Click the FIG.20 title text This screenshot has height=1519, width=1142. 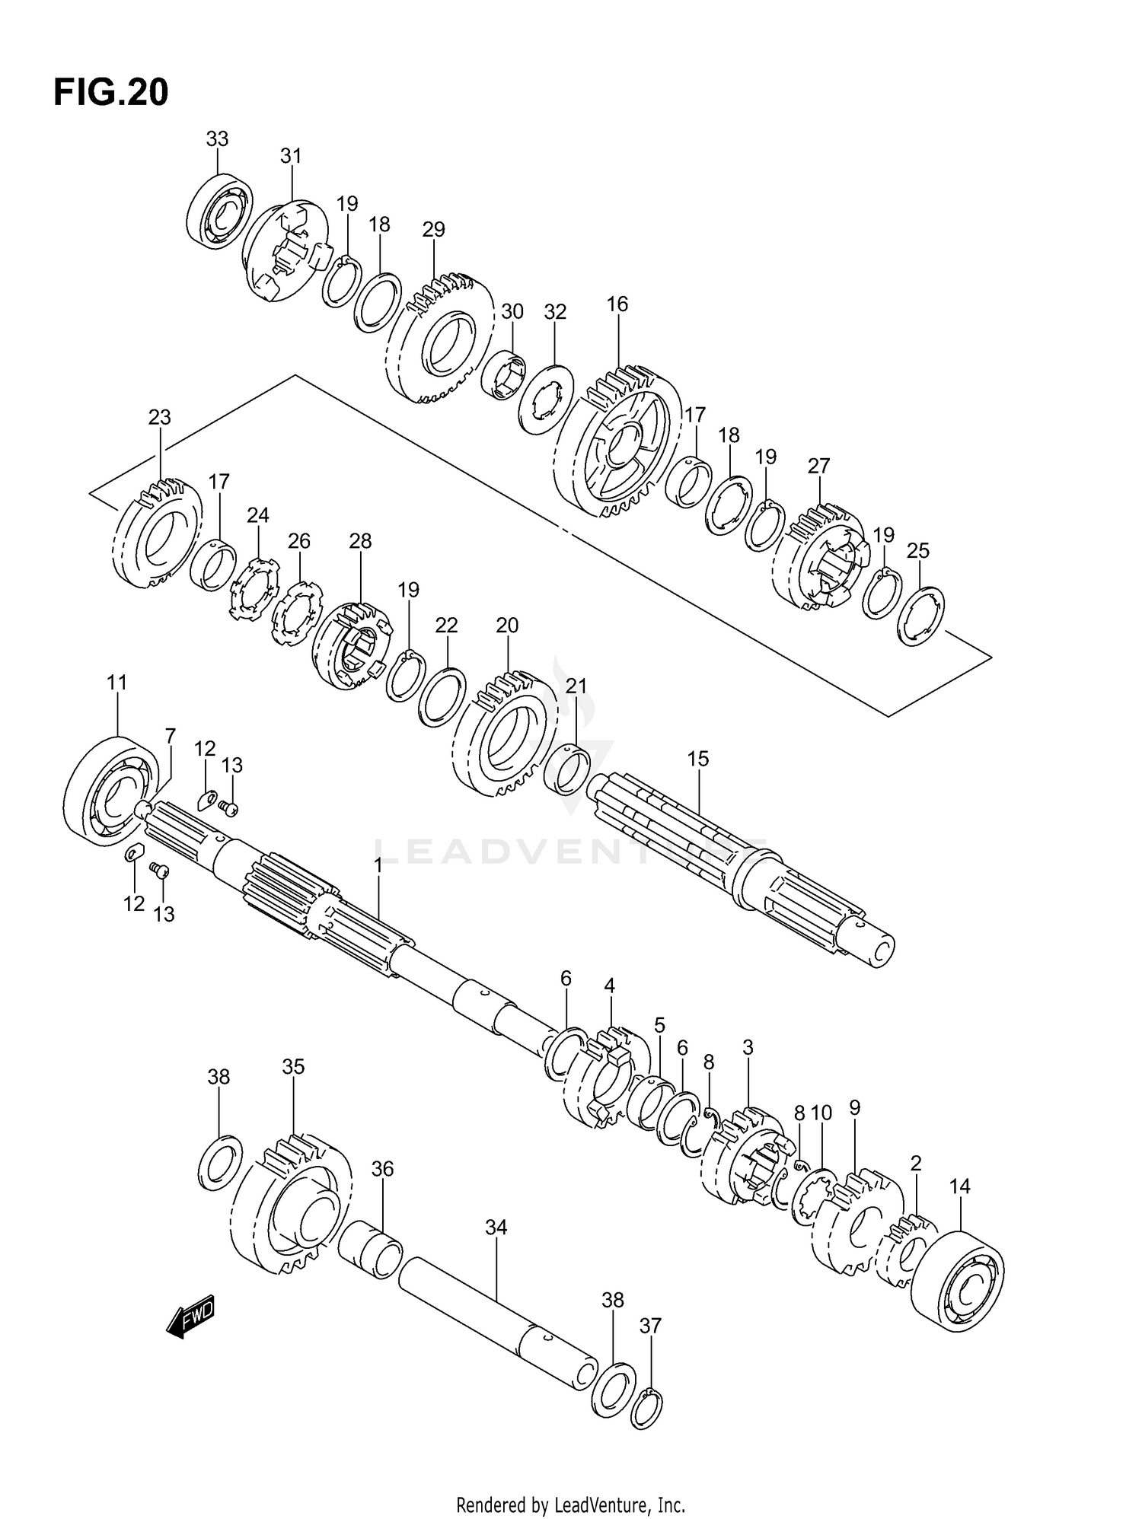(x=111, y=93)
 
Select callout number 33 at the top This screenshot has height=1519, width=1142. (x=217, y=139)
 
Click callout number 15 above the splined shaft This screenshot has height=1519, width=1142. (x=697, y=759)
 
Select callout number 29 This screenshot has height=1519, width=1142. (x=433, y=230)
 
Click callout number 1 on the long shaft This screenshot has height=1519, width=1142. (x=378, y=865)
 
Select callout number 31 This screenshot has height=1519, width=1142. (x=291, y=156)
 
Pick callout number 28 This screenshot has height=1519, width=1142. (x=360, y=541)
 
